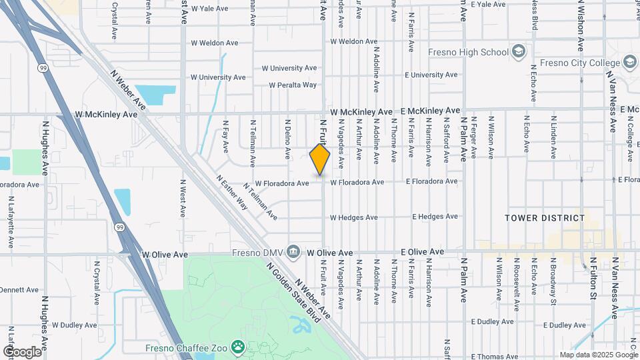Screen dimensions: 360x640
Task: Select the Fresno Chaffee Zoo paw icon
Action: tap(237, 347)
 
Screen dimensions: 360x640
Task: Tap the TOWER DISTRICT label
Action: tap(545, 218)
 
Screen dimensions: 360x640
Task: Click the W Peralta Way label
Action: tap(293, 85)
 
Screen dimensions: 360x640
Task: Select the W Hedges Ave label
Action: tap(354, 217)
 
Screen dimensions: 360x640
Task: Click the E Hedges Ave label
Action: tap(435, 217)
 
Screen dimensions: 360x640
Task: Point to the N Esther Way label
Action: tap(232, 193)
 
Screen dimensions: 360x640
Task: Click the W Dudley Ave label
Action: tap(74, 325)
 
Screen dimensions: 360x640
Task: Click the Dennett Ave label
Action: tap(20, 290)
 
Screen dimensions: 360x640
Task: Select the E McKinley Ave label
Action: tap(430, 110)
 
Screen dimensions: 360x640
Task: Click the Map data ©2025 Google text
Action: tap(597, 355)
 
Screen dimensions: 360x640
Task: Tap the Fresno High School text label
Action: tap(477, 52)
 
